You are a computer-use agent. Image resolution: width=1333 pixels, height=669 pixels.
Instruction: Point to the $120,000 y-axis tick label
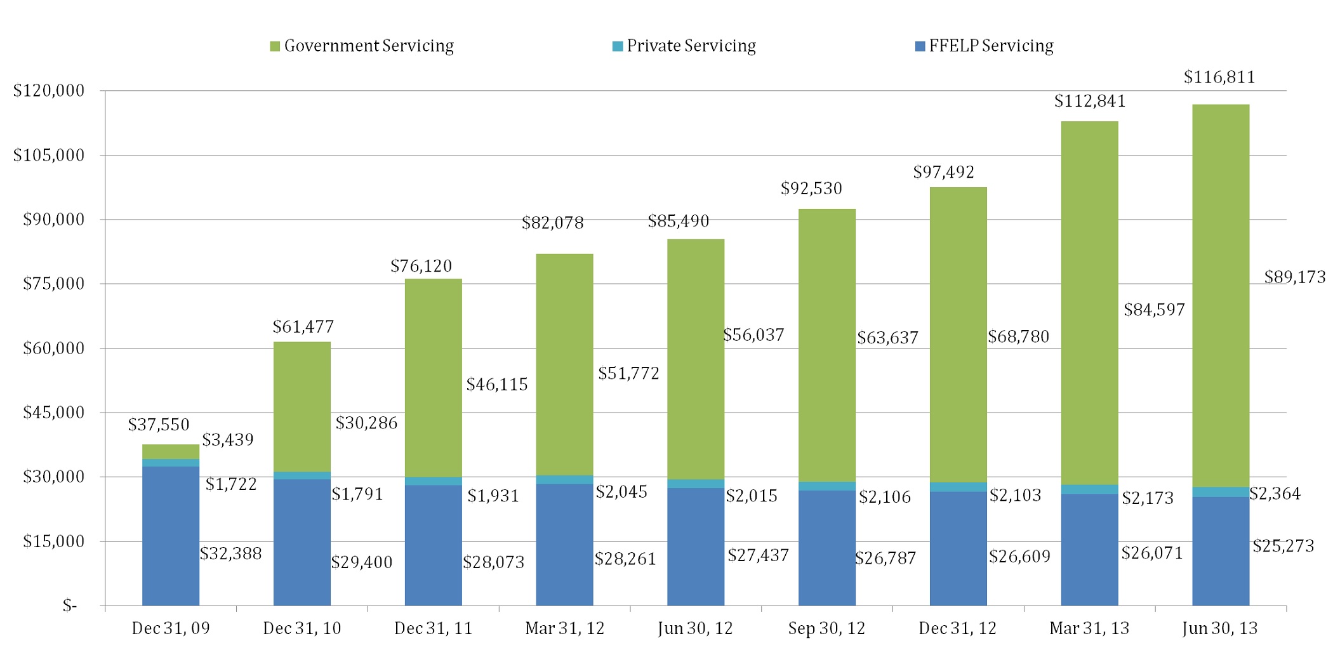[49, 91]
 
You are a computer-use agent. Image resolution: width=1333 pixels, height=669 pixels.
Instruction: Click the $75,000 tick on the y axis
[53, 284]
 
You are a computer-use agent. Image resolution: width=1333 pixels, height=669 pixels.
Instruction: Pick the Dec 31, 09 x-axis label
[171, 628]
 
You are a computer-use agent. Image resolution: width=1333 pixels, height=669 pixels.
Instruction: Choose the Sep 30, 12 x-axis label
[826, 628]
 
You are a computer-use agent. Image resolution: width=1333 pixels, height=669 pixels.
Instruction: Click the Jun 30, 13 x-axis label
[1220, 628]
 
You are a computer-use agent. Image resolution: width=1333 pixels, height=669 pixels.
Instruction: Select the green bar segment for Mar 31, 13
[1089, 303]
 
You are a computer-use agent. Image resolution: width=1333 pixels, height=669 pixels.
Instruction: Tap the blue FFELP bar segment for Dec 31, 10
[302, 542]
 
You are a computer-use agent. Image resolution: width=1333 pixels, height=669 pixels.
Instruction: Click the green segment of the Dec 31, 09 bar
[171, 451]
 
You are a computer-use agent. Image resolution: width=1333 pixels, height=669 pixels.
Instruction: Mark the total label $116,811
[1219, 77]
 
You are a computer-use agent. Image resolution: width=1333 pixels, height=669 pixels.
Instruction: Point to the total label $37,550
[159, 425]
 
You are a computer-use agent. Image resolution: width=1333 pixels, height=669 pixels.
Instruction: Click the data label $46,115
[497, 385]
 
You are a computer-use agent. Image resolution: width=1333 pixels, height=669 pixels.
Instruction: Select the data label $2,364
[1275, 494]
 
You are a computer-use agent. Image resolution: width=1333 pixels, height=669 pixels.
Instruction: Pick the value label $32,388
[230, 553]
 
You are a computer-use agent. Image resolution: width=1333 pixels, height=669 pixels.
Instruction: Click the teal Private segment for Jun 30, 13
[1221, 492]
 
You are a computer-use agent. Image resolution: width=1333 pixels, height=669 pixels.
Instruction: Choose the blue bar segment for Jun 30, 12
[696, 546]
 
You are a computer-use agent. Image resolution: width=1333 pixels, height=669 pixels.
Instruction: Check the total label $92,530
[811, 189]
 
